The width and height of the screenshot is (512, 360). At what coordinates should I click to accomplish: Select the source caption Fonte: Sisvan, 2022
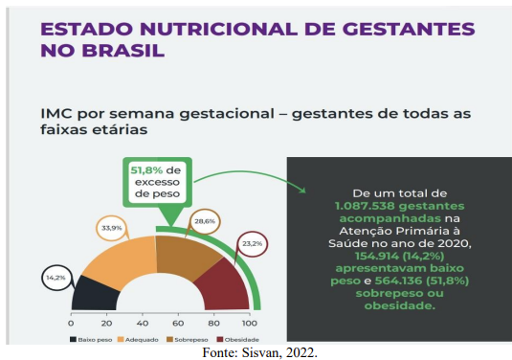[256, 351]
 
